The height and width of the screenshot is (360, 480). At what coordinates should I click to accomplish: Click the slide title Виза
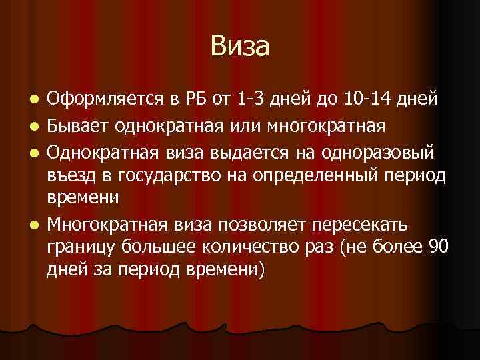click(x=240, y=47)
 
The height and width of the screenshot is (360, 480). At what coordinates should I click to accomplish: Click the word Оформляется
click(x=102, y=100)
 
